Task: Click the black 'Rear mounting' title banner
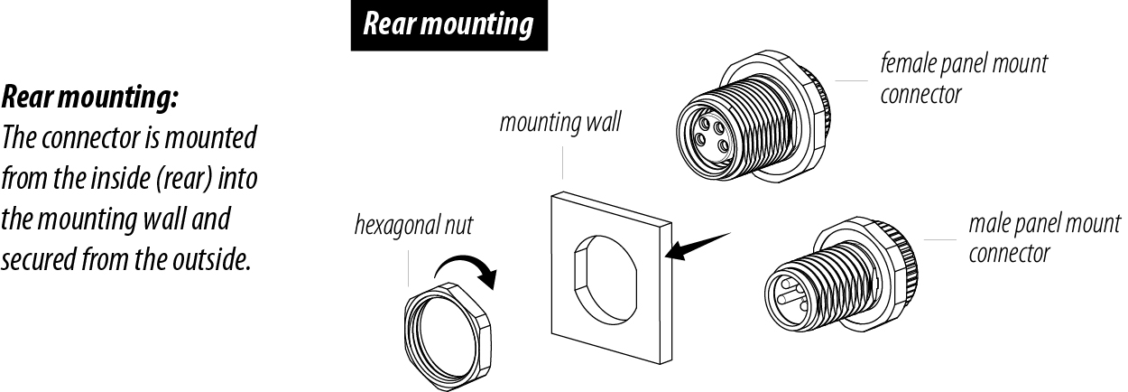448,24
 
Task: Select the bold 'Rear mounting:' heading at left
90,97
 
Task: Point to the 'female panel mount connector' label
963,79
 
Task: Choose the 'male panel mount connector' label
1044,238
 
